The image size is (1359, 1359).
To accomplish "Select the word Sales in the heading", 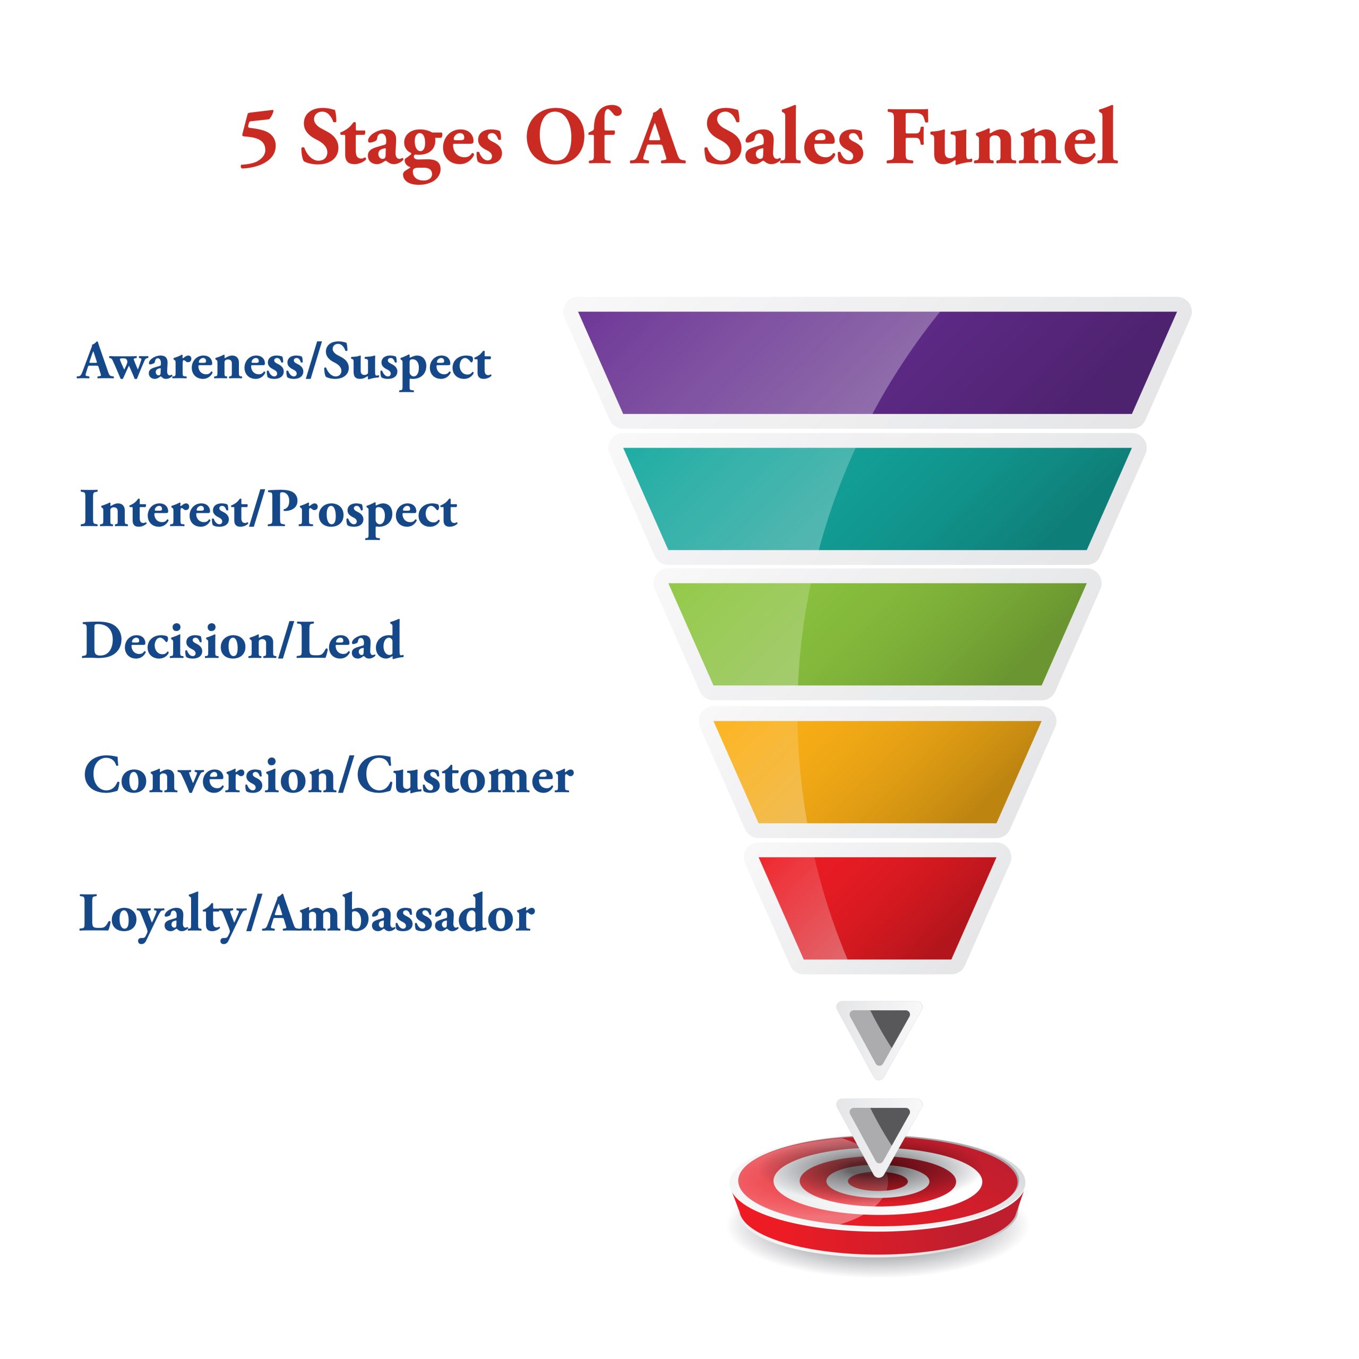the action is (783, 136).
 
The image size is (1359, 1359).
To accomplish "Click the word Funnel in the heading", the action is (1002, 136).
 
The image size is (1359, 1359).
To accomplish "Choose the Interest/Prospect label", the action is (269, 510).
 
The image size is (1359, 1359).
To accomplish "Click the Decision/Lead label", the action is (243, 641).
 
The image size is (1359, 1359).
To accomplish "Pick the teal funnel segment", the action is (877, 498).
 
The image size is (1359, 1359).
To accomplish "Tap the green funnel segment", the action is (877, 634).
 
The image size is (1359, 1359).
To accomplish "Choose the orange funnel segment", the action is (877, 772).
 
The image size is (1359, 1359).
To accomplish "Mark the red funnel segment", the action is (877, 907).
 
